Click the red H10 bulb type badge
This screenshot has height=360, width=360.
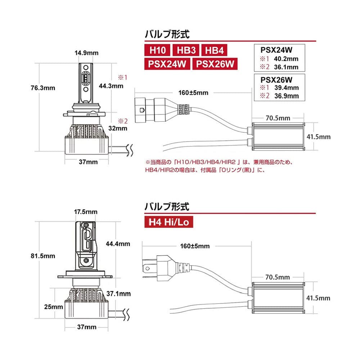[157, 50]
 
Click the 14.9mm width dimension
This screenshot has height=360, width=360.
[86, 53]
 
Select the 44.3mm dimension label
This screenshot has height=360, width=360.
[111, 86]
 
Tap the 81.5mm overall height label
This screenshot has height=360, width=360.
[43, 256]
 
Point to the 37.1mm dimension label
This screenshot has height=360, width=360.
[120, 294]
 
